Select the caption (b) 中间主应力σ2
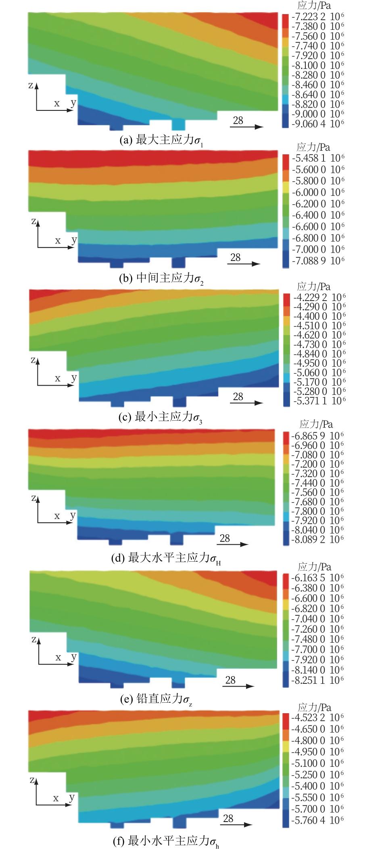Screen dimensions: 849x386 pyautogui.click(x=161, y=279)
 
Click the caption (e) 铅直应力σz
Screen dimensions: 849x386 pyautogui.click(x=156, y=699)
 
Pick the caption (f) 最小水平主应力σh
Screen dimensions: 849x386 pyautogui.click(x=166, y=841)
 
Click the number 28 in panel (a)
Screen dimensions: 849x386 pyautogui.click(x=238, y=120)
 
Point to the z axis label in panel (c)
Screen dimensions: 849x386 pyautogui.click(x=33, y=360)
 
